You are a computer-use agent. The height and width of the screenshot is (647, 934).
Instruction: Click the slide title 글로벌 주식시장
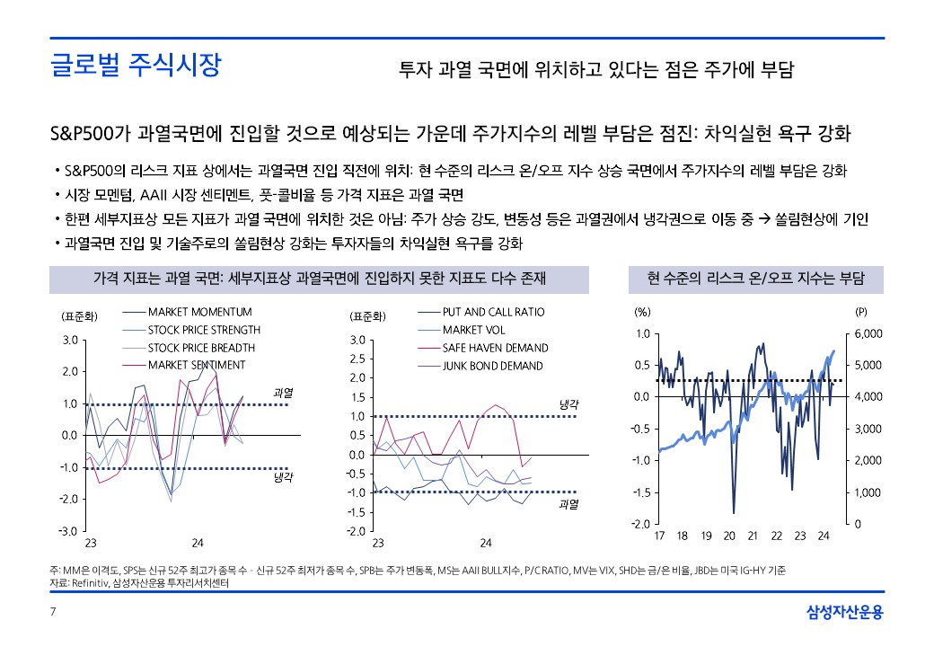point(135,66)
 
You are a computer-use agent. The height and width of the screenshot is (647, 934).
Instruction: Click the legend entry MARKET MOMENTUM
point(199,312)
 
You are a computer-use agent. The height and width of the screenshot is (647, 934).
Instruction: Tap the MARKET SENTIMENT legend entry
point(196,366)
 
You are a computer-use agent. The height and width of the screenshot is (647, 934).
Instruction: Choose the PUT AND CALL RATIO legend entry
point(493,312)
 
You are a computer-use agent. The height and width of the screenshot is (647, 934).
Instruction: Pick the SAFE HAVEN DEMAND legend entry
point(495,348)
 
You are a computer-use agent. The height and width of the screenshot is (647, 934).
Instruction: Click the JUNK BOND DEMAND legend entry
point(492,366)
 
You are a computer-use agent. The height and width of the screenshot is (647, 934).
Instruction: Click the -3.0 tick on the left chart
point(68,531)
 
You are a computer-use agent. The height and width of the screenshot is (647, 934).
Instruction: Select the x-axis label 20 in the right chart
point(729,536)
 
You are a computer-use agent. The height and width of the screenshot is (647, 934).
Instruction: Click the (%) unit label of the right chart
point(642,313)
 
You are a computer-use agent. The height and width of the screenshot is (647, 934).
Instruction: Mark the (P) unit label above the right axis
point(860,313)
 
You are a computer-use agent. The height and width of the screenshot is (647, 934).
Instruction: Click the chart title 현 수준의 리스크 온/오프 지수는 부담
point(755,279)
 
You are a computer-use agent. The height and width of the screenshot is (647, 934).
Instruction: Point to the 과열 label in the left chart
point(283,393)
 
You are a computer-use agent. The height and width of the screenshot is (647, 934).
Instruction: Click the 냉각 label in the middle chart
point(568,405)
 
